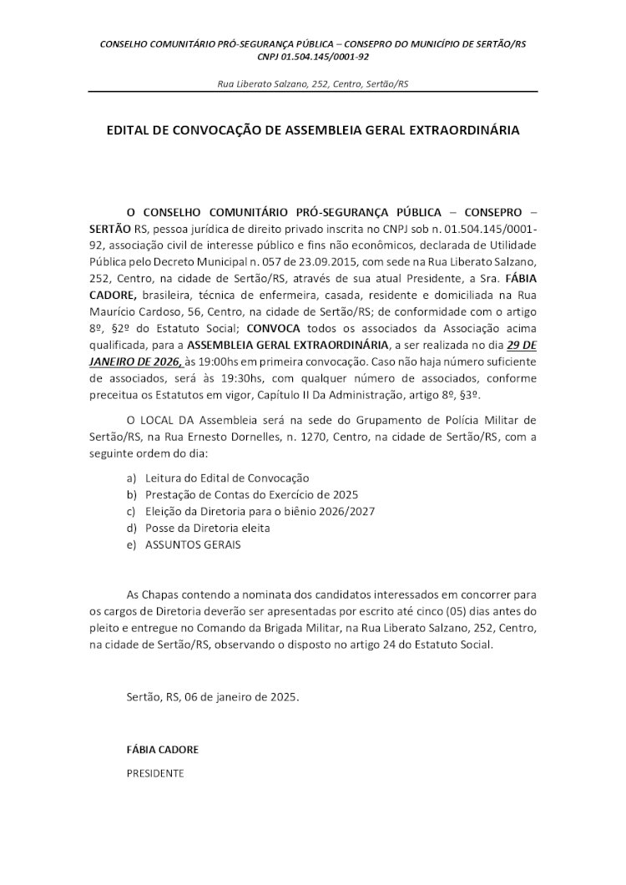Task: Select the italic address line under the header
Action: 313,84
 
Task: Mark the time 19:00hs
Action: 223,361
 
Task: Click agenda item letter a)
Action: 131,478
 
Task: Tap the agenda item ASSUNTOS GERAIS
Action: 193,544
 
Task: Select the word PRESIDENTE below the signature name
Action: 155,773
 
